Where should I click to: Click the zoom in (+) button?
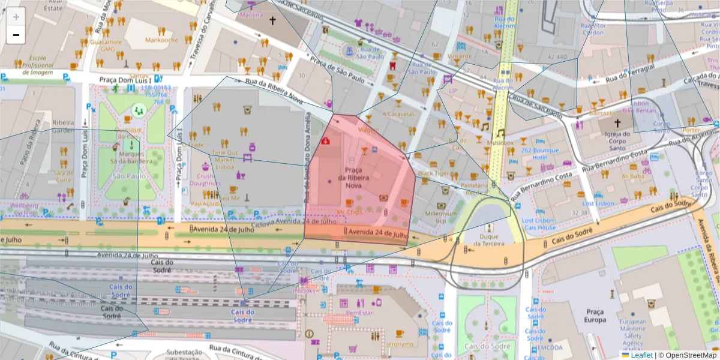16,17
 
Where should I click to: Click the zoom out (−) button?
16,35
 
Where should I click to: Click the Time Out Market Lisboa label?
224,160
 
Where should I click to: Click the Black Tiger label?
433,173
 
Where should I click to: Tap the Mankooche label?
161,40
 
